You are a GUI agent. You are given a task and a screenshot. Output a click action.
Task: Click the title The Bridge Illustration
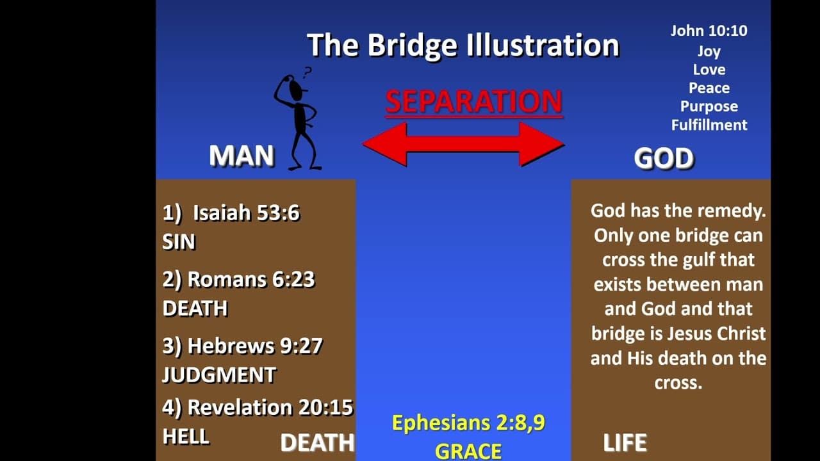pos(463,45)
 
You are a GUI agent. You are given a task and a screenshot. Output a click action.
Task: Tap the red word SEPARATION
pos(473,101)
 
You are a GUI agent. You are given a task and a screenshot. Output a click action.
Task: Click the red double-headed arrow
pos(463,144)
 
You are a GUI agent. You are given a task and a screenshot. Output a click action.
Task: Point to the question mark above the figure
pos(307,72)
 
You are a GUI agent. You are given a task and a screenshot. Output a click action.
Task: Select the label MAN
pos(242,156)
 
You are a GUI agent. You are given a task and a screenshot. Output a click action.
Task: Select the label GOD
pos(664,158)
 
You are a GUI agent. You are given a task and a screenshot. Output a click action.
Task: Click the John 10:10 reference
pos(709,31)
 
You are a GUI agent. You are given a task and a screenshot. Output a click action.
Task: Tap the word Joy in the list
pos(709,52)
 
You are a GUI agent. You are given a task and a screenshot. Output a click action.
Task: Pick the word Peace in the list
pos(709,88)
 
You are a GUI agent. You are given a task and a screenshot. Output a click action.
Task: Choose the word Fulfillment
pos(709,125)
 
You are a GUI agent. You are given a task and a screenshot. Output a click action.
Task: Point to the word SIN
pos(179,242)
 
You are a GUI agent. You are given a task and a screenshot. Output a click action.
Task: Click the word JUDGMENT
pos(219,375)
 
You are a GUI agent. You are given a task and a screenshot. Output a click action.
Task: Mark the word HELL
pos(186,437)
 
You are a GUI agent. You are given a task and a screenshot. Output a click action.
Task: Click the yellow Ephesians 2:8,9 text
pos(468,423)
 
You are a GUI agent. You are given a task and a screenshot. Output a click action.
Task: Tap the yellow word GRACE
pos(468,451)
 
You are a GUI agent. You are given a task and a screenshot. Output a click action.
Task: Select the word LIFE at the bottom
pos(625,442)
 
